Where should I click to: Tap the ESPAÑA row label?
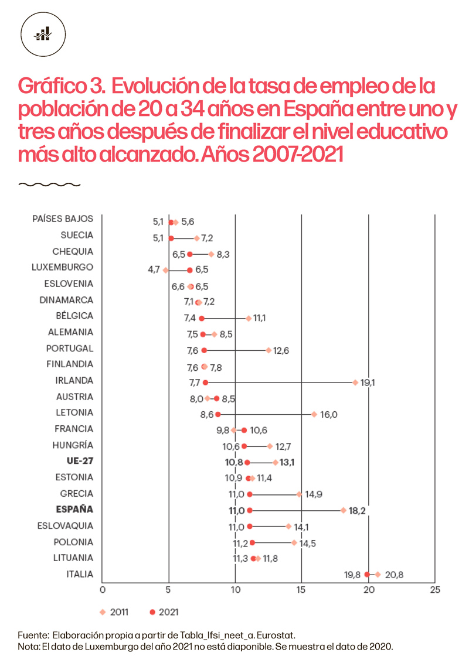click(74, 509)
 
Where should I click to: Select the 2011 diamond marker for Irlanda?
click(355, 382)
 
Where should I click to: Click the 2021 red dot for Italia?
click(367, 575)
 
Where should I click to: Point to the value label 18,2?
click(357, 511)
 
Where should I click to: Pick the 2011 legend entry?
click(114, 612)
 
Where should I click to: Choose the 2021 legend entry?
click(164, 612)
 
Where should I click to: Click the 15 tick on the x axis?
click(301, 589)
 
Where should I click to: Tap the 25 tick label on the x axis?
click(434, 589)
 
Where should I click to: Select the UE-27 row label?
click(80, 461)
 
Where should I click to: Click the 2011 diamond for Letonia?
click(314, 414)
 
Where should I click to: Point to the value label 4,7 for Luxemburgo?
click(153, 270)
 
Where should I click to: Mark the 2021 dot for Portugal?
click(204, 350)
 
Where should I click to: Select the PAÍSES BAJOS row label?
click(63, 219)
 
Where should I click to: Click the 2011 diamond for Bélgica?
click(249, 318)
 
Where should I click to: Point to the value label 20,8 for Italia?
click(394, 575)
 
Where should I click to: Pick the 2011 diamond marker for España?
click(343, 510)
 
